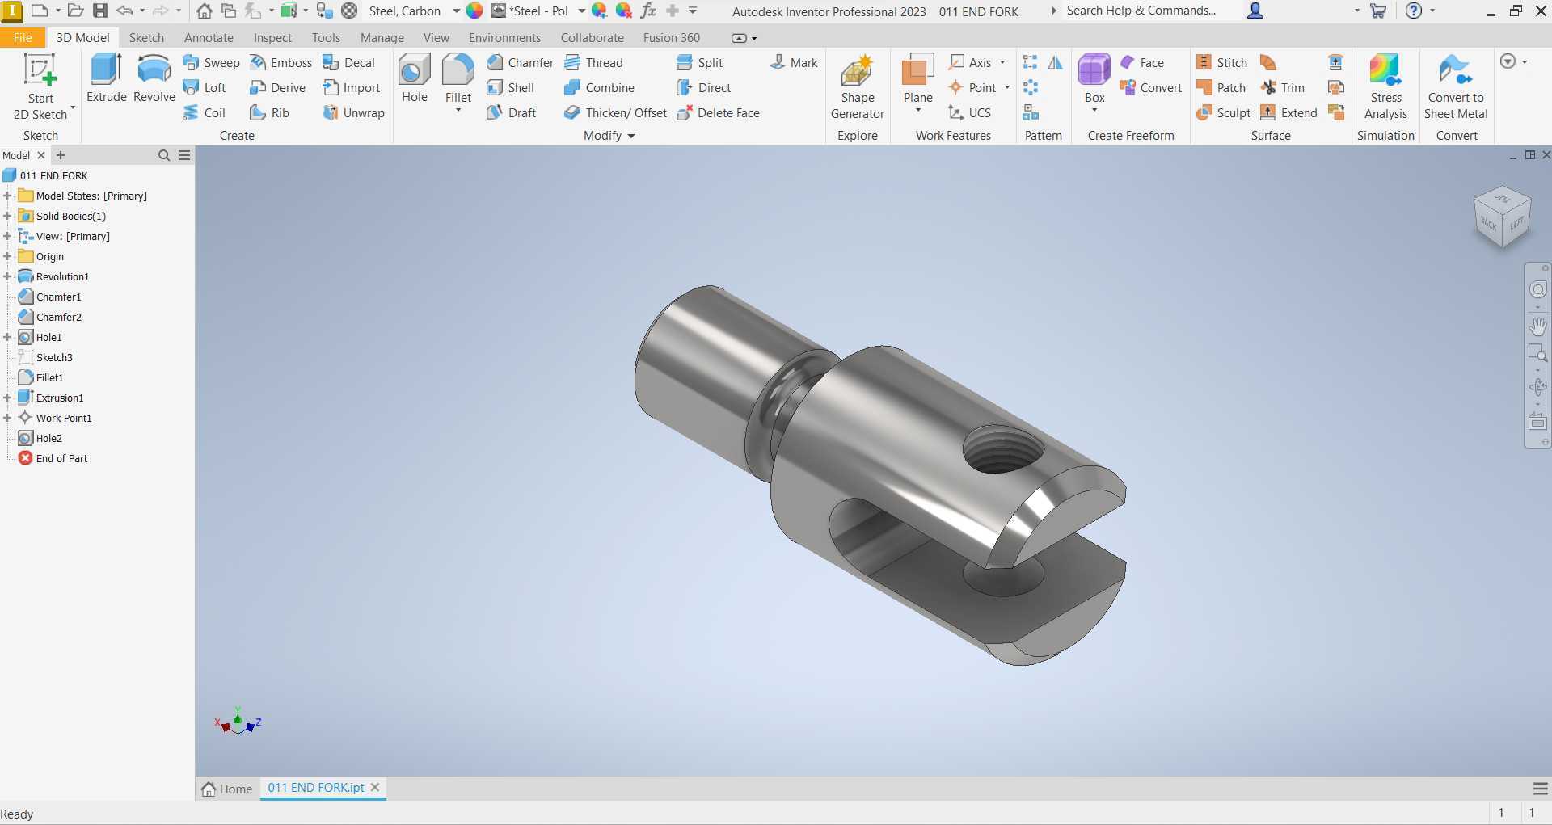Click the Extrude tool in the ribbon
(x=107, y=78)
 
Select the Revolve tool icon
(x=154, y=70)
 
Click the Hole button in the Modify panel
(x=415, y=78)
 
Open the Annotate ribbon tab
(x=209, y=37)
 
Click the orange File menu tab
(x=23, y=37)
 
